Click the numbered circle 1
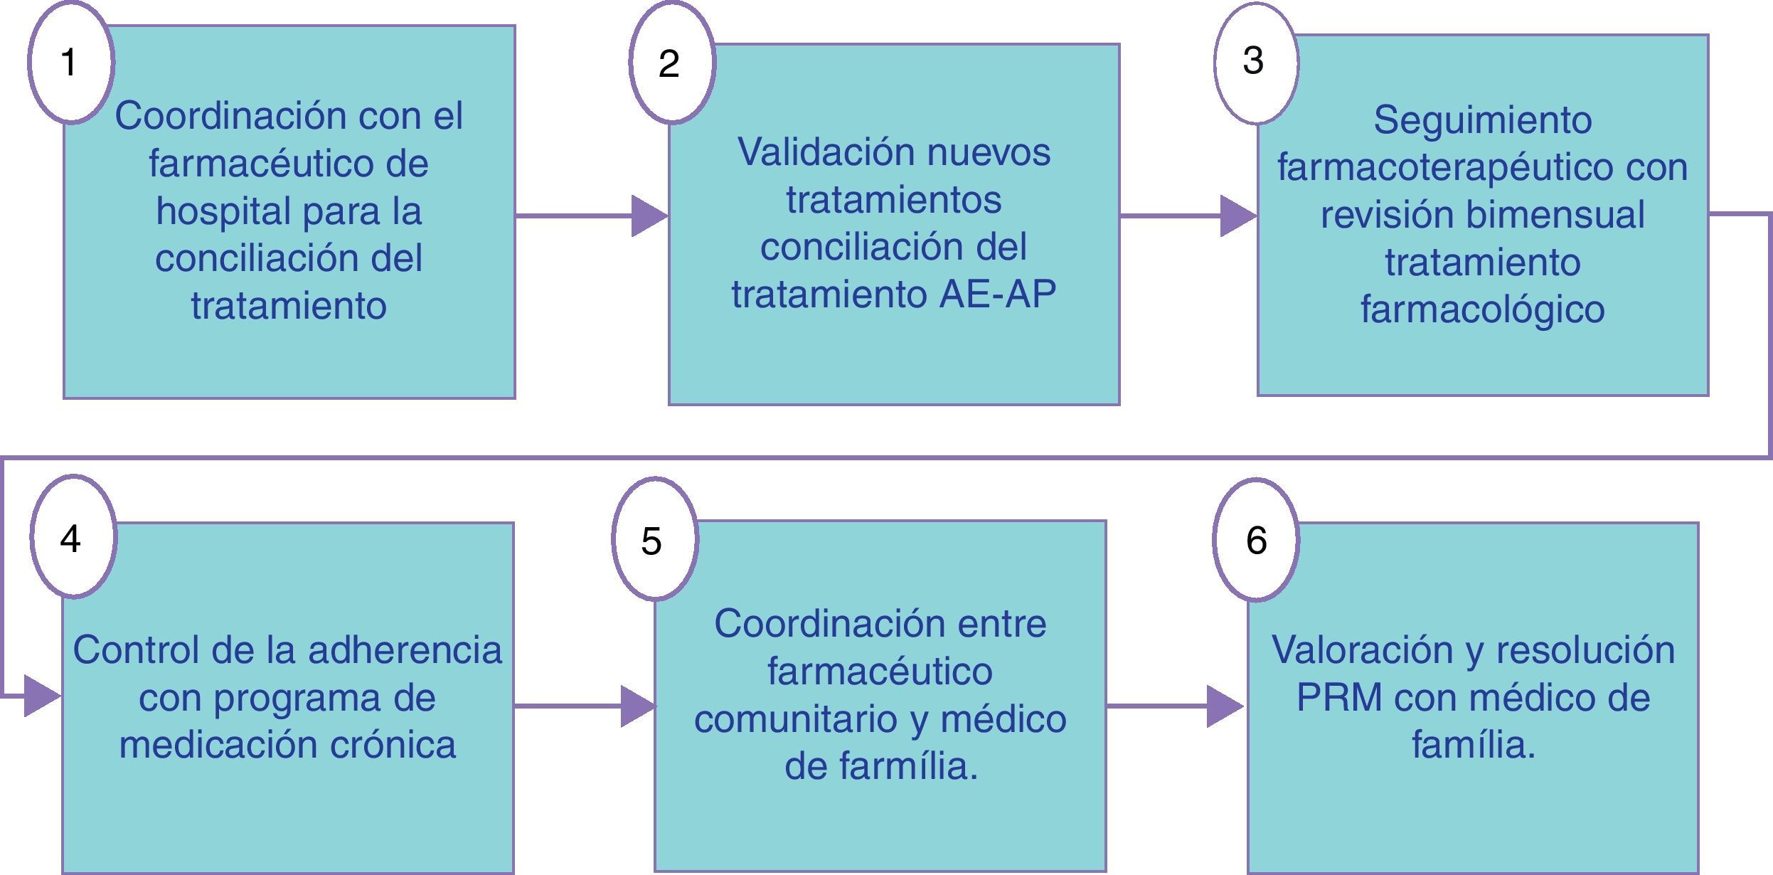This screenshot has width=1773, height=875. click(70, 62)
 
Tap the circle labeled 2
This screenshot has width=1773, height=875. click(671, 63)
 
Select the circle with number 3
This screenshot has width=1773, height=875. click(1256, 62)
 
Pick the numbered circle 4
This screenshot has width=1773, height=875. click(73, 538)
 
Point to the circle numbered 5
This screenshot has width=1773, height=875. click(654, 539)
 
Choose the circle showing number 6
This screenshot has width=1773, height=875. click(1256, 539)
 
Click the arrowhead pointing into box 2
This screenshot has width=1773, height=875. click(649, 216)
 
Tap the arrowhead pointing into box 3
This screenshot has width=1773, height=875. click(1237, 216)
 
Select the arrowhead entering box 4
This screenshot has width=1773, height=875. click(41, 696)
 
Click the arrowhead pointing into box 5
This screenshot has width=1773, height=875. click(637, 706)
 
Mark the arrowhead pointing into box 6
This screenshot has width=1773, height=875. click(1225, 706)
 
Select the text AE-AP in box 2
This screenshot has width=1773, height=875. click(997, 295)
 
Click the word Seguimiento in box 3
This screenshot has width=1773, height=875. click(1482, 120)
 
